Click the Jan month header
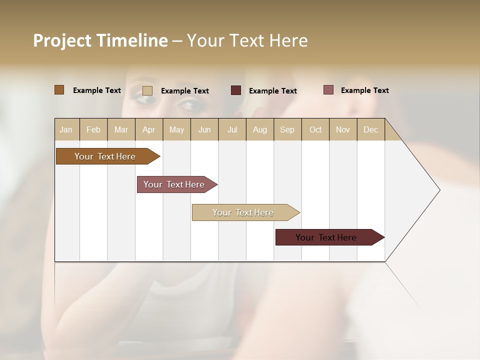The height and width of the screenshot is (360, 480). pyautogui.click(x=66, y=129)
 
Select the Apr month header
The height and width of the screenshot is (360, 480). pyautogui.click(x=148, y=129)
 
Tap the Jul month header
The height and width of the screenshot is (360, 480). pyautogui.click(x=232, y=129)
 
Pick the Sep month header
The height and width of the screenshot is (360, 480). pyautogui.click(x=287, y=129)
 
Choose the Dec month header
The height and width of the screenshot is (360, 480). pyautogui.click(x=370, y=129)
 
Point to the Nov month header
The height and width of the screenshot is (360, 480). pyautogui.click(x=342, y=129)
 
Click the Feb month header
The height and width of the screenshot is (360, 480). pyautogui.click(x=93, y=129)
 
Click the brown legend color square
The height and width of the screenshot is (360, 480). pyautogui.click(x=59, y=90)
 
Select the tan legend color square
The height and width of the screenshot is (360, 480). pyautogui.click(x=147, y=90)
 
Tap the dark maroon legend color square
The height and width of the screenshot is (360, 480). pyautogui.click(x=235, y=90)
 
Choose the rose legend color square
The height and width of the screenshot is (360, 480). pyautogui.click(x=328, y=90)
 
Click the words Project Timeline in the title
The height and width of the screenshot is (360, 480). pyautogui.click(x=100, y=40)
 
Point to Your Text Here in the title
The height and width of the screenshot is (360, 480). pyautogui.click(x=247, y=40)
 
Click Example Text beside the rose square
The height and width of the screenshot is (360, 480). pyautogui.click(x=364, y=90)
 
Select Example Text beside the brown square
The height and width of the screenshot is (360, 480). pyautogui.click(x=96, y=90)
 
